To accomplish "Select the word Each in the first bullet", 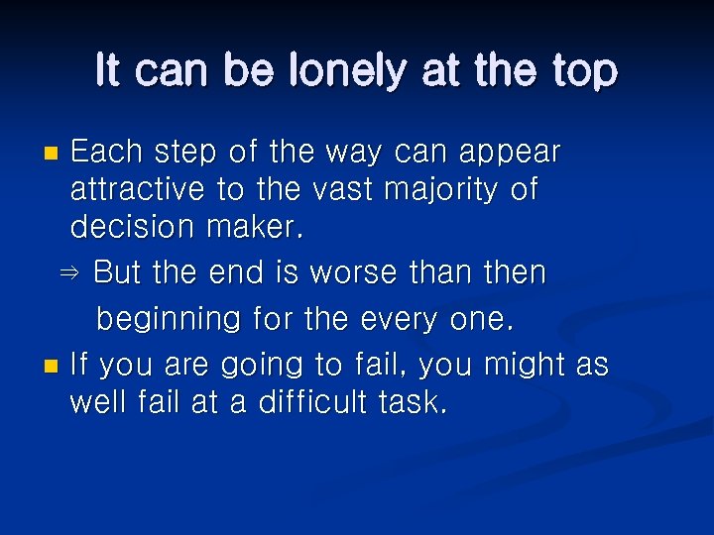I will [106, 152].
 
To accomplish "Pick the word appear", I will [511, 154].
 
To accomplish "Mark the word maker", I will [255, 227].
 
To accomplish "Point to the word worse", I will [358, 272].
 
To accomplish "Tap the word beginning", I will [168, 320].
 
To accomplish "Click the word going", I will [261, 367].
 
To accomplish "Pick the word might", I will [525, 366].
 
